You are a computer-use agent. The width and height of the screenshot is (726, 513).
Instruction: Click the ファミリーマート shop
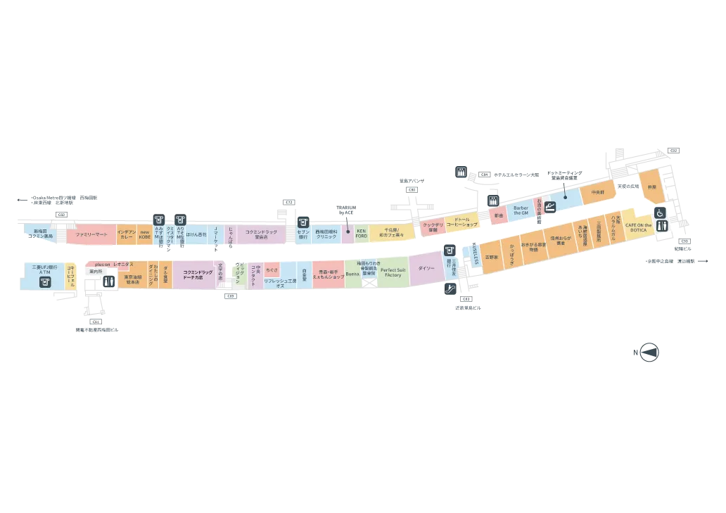pos(91,234)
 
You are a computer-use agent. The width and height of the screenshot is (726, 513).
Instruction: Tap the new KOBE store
pos(145,234)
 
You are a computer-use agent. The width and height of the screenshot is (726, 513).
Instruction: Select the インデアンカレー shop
pos(127,234)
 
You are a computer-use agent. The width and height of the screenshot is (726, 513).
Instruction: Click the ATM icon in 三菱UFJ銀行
pos(44,281)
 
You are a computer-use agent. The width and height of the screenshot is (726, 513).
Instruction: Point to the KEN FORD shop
pos(362,233)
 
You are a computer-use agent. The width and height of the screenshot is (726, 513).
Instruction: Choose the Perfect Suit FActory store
pos(393,272)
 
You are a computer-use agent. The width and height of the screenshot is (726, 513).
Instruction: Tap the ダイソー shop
pos(426,268)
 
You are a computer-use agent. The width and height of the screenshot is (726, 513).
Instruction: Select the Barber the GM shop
pos(521,210)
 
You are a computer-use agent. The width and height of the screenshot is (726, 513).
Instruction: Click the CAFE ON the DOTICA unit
pos(639,228)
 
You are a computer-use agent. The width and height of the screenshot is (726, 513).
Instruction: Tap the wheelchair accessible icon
pos(661,213)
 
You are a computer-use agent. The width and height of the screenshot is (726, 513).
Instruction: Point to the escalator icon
pos(450,287)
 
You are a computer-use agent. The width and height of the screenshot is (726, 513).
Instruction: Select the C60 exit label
pos(61,214)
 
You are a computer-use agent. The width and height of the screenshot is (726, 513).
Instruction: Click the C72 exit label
pos(288,202)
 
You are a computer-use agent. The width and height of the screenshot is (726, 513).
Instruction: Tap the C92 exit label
pos(673,151)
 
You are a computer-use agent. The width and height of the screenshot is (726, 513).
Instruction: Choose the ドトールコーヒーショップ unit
pos(461,222)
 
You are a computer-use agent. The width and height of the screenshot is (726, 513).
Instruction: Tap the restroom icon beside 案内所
pos(108,281)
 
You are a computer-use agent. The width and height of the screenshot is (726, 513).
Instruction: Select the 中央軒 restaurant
pos(598,191)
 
